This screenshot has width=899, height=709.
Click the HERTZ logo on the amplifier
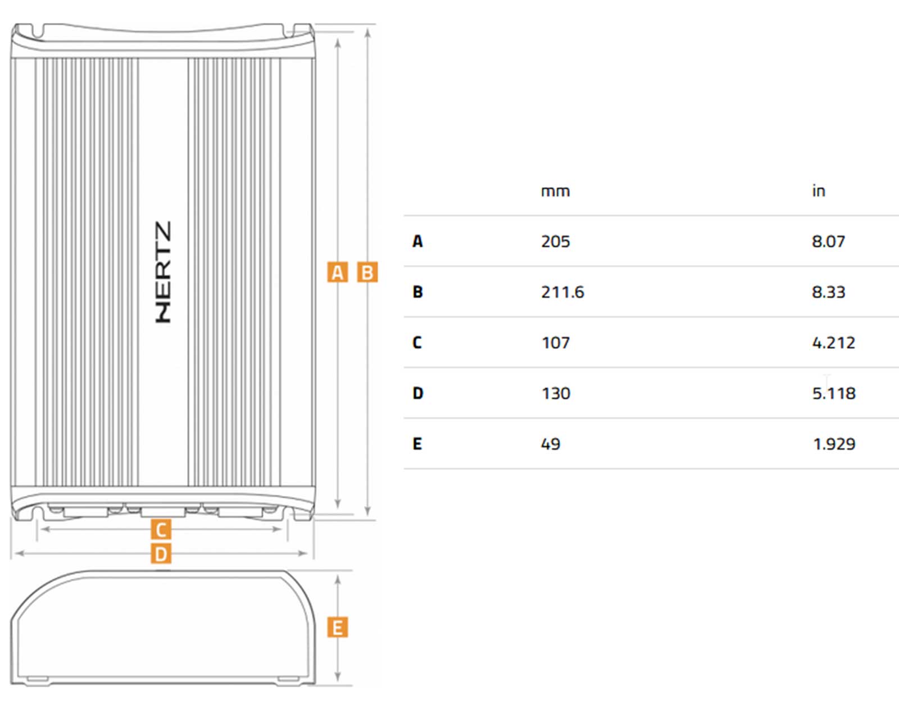coord(163,272)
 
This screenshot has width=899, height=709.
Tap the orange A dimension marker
coord(337,272)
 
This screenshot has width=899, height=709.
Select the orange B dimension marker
coord(367,272)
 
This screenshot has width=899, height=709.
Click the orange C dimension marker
coord(161,530)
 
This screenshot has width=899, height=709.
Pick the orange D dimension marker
coord(161,555)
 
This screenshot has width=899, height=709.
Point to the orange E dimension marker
coord(337,628)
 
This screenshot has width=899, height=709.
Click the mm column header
coord(555,192)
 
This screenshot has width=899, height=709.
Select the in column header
coord(819,191)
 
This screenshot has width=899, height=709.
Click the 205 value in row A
coord(555,242)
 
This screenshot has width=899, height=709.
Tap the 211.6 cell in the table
coord(562,292)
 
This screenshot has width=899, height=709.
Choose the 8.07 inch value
coord(828,242)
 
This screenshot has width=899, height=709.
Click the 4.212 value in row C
coord(833,343)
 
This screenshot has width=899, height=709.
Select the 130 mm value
coord(556,393)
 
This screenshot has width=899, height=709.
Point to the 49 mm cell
coord(551,444)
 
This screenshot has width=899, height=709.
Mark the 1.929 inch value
coord(834,444)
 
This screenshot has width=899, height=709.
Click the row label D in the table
coord(417,393)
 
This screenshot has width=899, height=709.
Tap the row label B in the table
coord(417,292)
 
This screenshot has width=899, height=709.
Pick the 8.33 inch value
coord(828,292)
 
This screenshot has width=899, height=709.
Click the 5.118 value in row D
coord(834,393)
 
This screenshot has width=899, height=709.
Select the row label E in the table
coord(417,444)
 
